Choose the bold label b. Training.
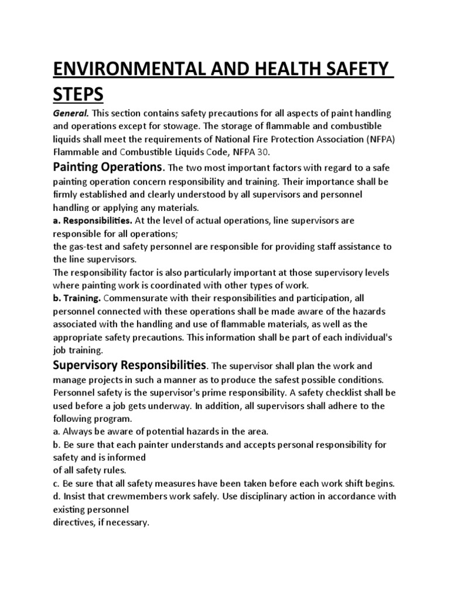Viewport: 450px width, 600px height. (77, 299)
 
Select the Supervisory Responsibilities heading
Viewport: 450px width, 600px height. (129, 366)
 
